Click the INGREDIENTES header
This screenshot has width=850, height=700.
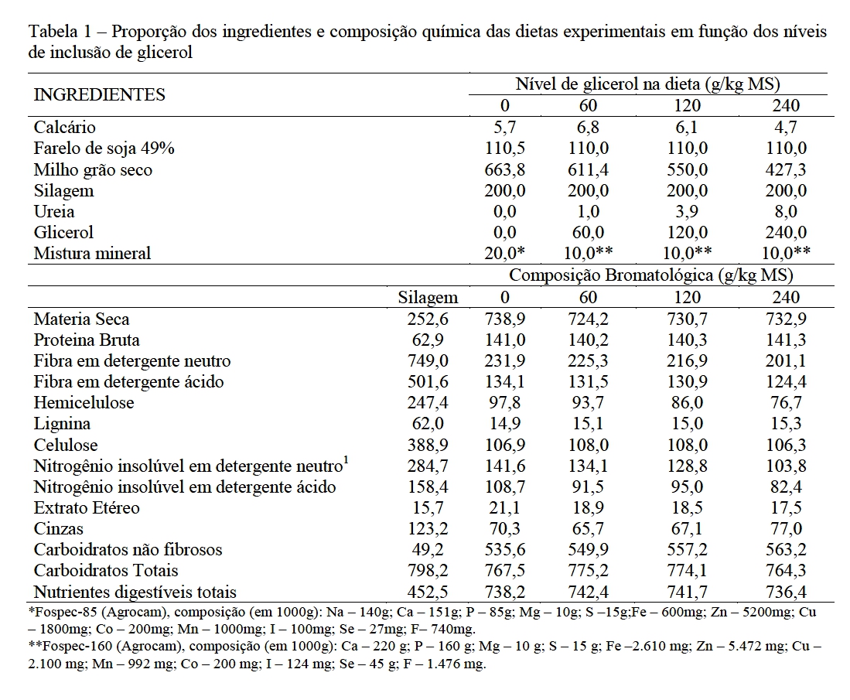[x=99, y=95]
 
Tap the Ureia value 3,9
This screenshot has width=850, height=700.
[x=687, y=212]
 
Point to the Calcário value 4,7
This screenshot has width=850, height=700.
[x=786, y=128]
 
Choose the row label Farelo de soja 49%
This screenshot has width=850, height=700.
[x=104, y=149]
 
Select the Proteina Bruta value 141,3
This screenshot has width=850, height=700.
[x=786, y=340]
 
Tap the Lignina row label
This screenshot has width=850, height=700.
[x=62, y=424]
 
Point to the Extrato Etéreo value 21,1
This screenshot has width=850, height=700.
[x=504, y=508]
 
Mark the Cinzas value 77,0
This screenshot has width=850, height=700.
[x=786, y=529]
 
